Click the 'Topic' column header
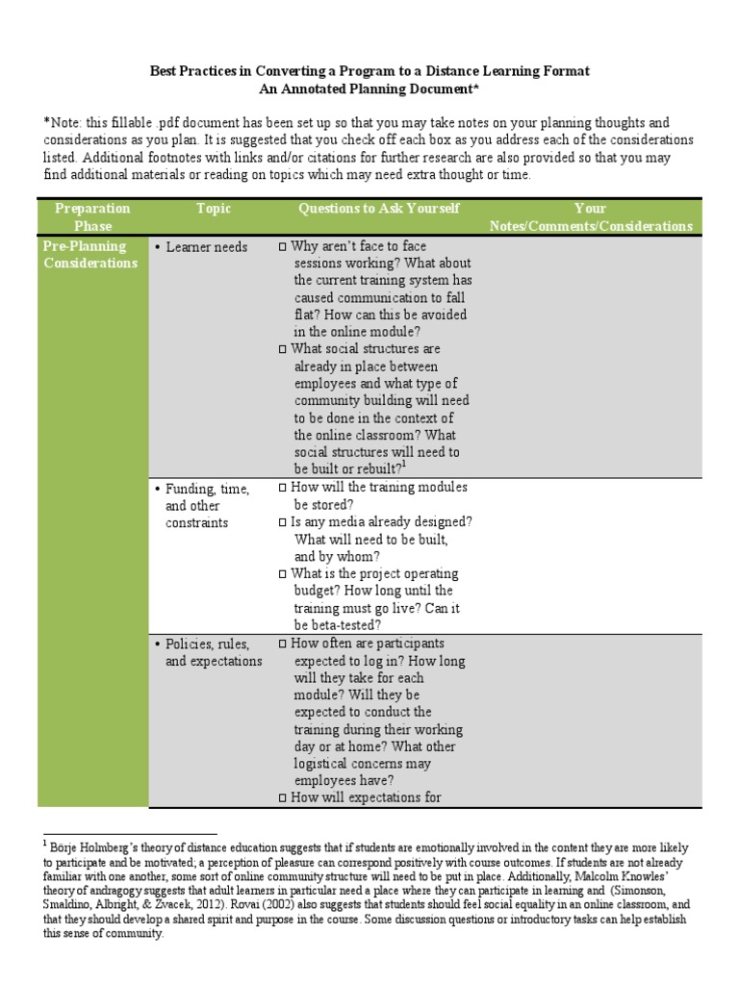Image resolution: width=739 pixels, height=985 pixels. [214, 209]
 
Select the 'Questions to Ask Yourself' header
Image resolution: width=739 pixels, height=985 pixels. [379, 209]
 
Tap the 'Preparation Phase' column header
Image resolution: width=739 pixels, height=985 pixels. [92, 216]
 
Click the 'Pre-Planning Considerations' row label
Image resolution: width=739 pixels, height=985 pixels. [90, 255]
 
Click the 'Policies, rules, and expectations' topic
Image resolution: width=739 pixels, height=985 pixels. [213, 652]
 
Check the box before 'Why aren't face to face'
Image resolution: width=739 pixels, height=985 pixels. [282, 247]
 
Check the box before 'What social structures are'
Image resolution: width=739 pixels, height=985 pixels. [282, 350]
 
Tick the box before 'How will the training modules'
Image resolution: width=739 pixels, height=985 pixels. [282, 488]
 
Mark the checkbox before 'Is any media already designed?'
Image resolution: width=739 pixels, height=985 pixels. [282, 522]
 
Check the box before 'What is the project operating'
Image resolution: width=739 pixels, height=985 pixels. [282, 574]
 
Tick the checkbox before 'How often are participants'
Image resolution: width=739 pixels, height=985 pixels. [282, 644]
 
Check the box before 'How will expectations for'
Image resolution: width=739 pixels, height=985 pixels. [282, 798]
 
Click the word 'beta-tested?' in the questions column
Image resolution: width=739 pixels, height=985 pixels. [340, 624]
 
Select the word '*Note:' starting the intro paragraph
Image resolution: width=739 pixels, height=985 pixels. [61, 123]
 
